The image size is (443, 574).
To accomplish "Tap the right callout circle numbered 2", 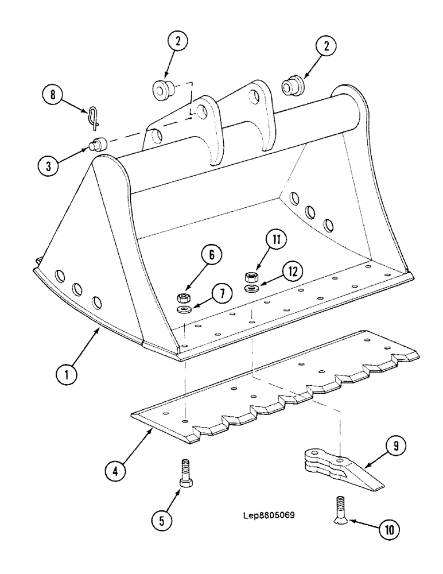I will point(327,48).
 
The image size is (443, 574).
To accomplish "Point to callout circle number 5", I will point(162,521).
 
